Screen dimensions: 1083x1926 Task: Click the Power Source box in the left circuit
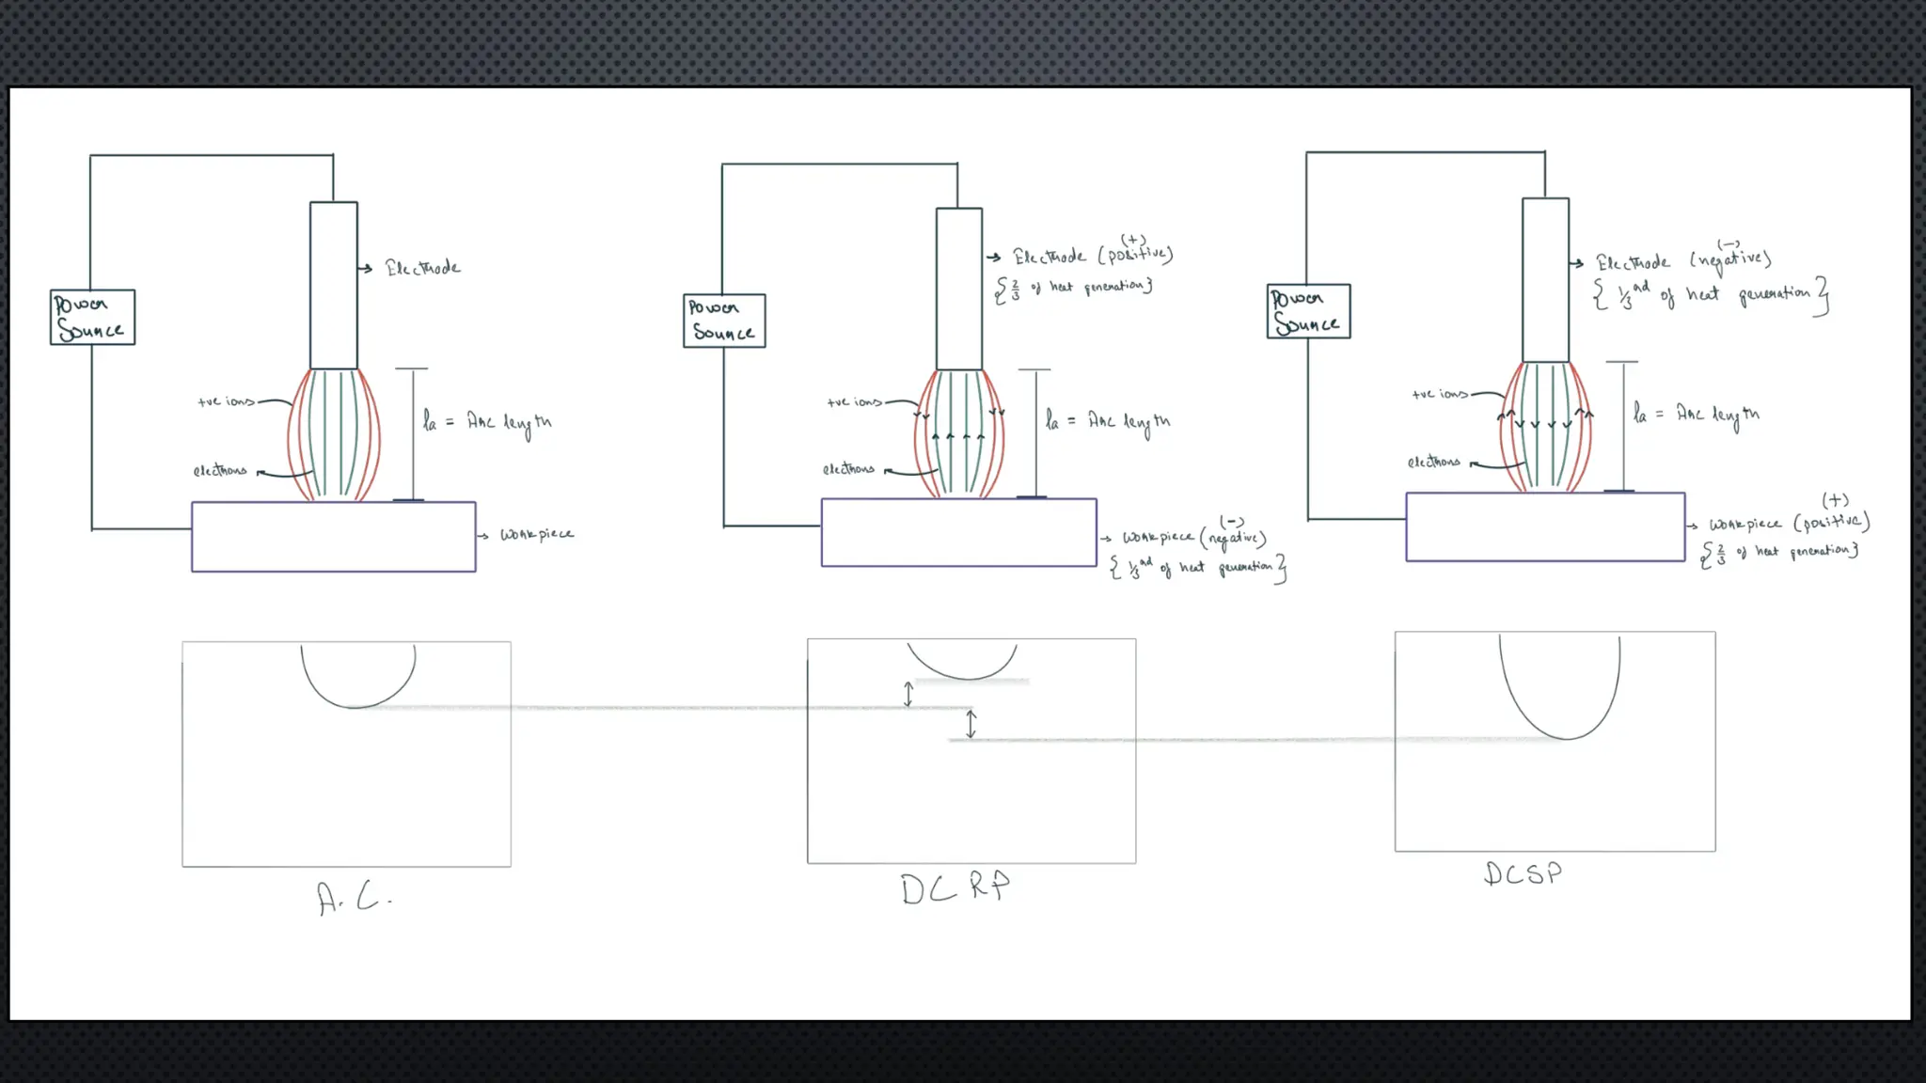tap(92, 318)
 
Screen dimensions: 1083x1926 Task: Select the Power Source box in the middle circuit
tap(724, 321)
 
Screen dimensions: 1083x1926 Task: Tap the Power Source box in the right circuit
tap(1308, 311)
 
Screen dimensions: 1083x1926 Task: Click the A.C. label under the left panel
tap(354, 898)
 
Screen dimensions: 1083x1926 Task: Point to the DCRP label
tap(955, 887)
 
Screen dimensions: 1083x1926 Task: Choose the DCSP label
tap(1523, 874)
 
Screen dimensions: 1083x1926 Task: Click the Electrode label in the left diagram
tap(422, 268)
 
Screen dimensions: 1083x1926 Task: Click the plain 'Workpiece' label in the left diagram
tap(536, 534)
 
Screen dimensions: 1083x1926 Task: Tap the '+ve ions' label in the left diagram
tap(226, 401)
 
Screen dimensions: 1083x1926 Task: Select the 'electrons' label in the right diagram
tap(1433, 462)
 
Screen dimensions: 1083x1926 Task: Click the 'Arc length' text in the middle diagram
tap(1129, 422)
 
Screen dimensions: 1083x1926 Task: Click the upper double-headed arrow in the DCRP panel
tap(908, 695)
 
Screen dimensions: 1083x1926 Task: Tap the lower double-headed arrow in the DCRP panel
tap(971, 723)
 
